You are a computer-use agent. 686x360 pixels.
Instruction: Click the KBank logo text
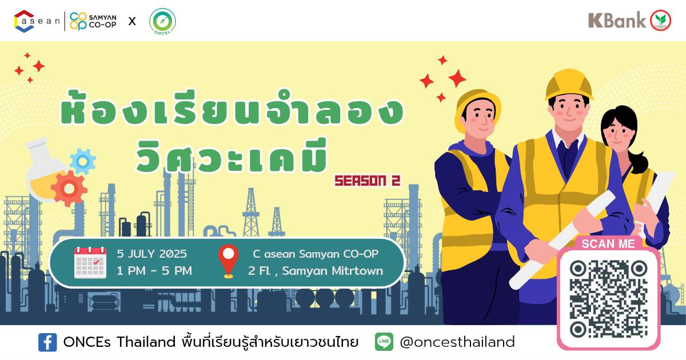616,20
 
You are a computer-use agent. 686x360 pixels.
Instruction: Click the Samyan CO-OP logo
93,21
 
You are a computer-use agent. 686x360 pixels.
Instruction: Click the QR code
608,299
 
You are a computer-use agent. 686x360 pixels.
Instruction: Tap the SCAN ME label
608,244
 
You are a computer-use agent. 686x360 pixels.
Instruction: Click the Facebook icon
47,342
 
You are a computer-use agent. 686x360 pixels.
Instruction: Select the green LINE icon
384,342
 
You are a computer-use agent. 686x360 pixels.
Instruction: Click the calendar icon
90,263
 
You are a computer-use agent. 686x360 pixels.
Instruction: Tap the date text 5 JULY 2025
151,254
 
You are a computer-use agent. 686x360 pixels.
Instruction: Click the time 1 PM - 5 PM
154,271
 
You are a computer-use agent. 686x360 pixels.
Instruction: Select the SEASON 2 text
368,181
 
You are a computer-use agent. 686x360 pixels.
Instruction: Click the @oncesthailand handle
457,342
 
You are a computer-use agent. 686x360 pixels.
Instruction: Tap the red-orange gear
69,189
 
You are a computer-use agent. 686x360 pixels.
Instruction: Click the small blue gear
83,161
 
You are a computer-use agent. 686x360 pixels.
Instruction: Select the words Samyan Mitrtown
333,271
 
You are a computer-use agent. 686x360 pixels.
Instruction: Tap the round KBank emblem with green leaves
661,21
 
